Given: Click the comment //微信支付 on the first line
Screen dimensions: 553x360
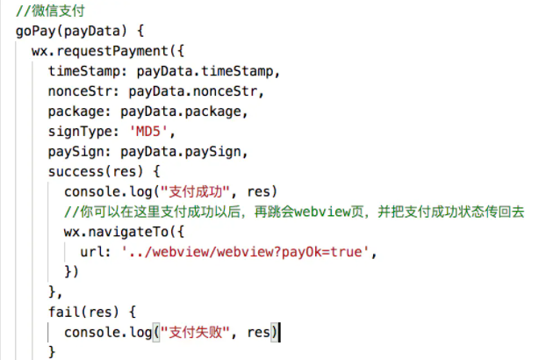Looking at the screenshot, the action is point(50,11).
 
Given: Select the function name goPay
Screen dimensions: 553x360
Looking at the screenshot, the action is point(36,32).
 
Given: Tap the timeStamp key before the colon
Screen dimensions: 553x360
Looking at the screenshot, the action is point(84,71).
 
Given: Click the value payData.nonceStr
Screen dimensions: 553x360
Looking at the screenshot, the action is point(193,91).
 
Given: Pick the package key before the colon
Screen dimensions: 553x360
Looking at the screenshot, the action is point(76,112).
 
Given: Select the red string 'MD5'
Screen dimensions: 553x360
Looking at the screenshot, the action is point(148,132).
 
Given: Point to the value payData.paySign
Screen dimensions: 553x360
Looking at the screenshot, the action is point(181,152).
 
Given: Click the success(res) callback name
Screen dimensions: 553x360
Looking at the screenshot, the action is point(96,172).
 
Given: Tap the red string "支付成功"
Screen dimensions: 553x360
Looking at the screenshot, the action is point(196,192).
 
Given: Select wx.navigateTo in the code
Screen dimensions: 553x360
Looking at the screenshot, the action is point(117,232).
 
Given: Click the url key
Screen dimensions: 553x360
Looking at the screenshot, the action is point(91,252).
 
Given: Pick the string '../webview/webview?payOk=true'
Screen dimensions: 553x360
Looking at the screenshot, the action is point(245,252).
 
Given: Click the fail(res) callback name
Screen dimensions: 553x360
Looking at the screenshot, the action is point(83,312).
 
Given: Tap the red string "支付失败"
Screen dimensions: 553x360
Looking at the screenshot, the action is point(196,332).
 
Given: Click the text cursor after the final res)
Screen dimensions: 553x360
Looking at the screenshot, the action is point(280,332).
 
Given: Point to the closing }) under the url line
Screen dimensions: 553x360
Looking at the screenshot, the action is point(71,272).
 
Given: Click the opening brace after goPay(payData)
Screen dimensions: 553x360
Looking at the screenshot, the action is point(140,32).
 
